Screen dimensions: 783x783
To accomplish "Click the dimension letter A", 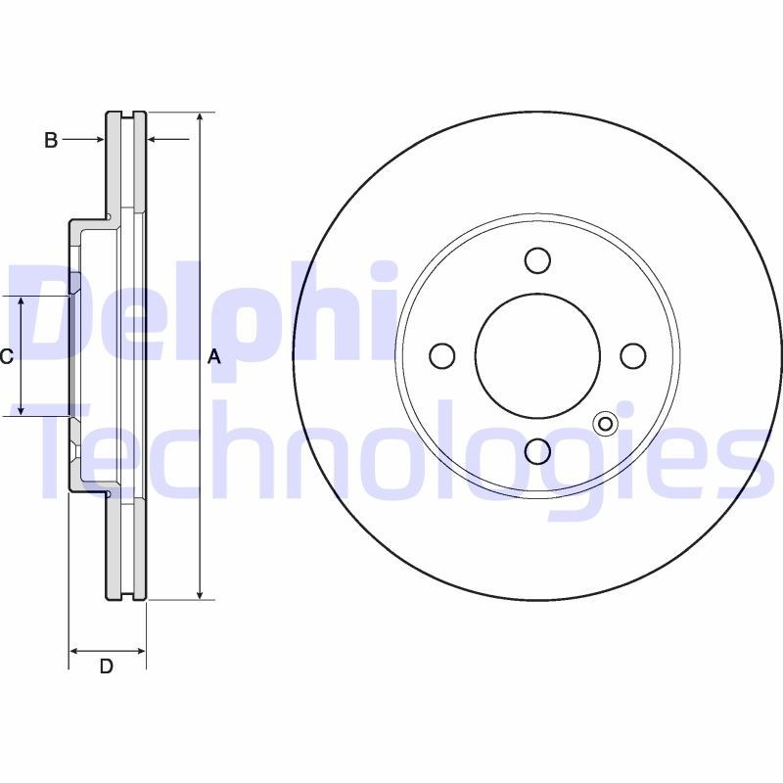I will [x=214, y=358].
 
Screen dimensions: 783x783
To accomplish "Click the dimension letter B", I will [x=51, y=140].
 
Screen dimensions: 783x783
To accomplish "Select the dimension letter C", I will [x=6, y=356].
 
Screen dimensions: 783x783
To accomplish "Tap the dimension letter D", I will [x=107, y=668].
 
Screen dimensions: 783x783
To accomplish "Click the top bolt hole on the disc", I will [x=537, y=260].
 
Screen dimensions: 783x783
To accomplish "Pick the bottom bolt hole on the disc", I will [x=537, y=450].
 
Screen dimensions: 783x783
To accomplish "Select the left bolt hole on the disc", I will [x=442, y=355].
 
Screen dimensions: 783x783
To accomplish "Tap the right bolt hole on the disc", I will [x=632, y=355].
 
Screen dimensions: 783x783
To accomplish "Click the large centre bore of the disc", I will [x=537, y=355].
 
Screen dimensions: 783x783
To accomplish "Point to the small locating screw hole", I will [x=605, y=423].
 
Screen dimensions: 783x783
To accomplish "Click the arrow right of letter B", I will [x=98, y=140].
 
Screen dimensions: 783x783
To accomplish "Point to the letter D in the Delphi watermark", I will [x=59, y=313].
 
